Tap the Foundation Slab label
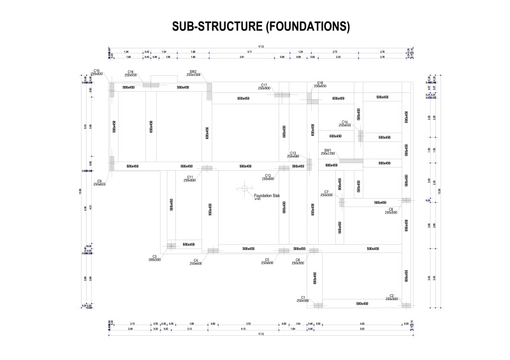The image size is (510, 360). [266, 196]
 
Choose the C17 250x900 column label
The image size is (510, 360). [264, 87]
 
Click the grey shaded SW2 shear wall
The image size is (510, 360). [208, 90]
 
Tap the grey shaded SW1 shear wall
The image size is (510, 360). [351, 161]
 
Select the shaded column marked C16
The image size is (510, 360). [151, 84]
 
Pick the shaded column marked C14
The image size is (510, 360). [360, 136]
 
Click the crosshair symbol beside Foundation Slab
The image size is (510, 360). [244, 189]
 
